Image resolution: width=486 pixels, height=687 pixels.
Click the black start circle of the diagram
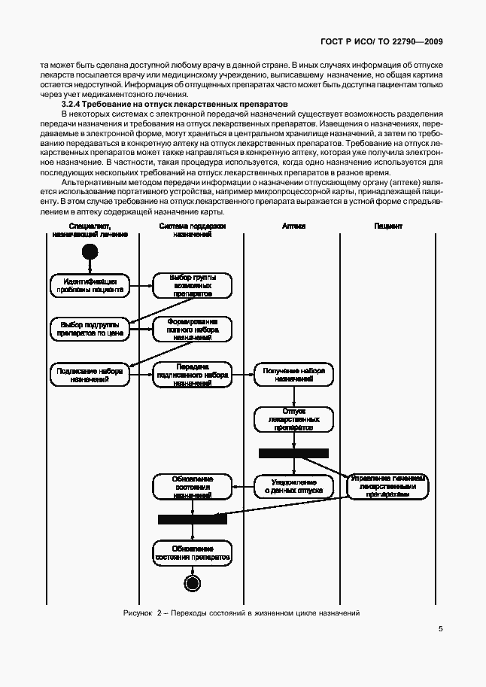[x=91, y=251]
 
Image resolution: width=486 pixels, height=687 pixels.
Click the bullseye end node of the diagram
[x=192, y=583]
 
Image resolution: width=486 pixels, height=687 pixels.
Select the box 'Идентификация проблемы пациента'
[x=90, y=285]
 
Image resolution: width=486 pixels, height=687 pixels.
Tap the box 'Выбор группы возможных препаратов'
[x=192, y=286]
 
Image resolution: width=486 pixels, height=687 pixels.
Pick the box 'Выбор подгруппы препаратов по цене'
[x=90, y=329]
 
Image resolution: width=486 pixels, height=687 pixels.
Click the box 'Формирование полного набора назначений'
[x=192, y=329]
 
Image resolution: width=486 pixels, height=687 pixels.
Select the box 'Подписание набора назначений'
[x=90, y=375]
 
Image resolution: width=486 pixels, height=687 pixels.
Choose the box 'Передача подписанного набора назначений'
[x=192, y=375]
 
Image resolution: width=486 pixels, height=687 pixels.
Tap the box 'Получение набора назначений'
[x=293, y=375]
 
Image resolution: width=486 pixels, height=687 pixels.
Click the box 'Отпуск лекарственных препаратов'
[x=293, y=419]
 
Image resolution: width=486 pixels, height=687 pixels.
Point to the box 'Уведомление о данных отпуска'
[x=293, y=486]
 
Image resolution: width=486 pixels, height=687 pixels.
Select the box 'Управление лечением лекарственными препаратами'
[x=388, y=486]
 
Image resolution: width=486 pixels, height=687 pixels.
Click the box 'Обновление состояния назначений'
[x=192, y=486]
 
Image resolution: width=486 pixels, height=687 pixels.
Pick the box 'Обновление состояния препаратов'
[x=192, y=552]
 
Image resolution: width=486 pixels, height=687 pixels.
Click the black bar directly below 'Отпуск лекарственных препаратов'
[x=293, y=453]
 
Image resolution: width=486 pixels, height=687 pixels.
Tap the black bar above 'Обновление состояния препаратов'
[x=192, y=519]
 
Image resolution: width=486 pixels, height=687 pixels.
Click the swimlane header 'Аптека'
[x=293, y=226]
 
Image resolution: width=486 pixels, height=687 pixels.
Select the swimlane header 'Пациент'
[x=388, y=226]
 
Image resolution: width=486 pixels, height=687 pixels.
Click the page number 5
[x=440, y=630]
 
